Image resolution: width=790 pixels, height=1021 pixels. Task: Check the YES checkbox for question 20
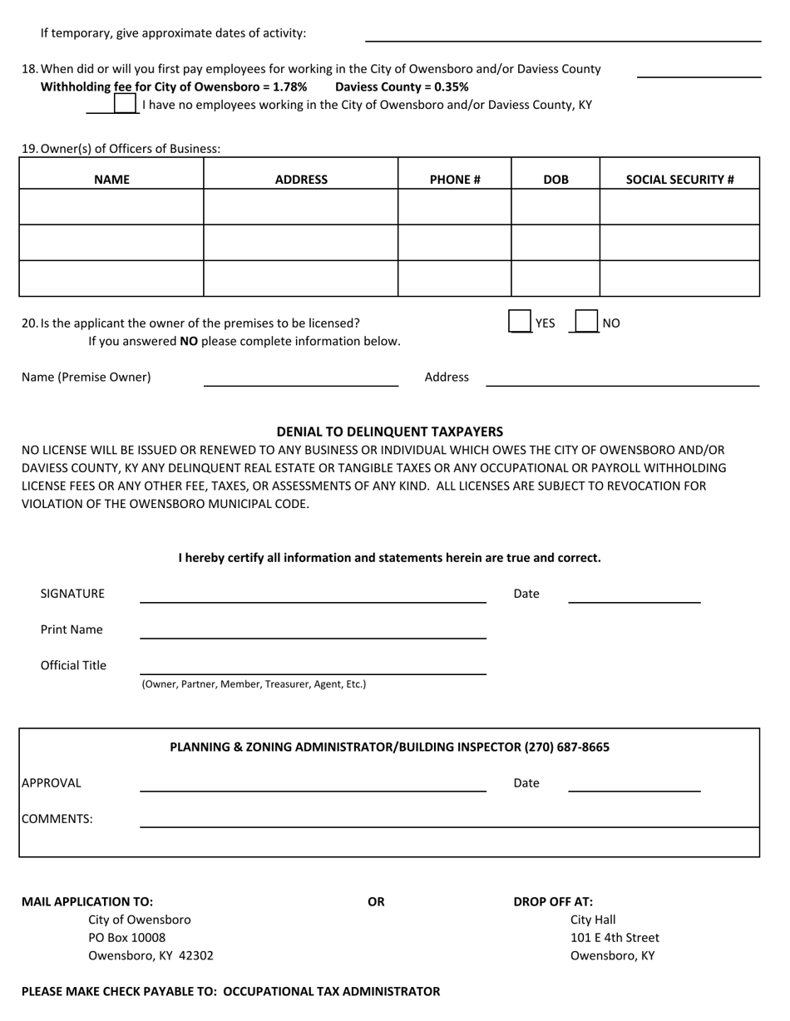[520, 322]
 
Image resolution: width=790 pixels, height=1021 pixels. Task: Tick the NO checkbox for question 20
[586, 322]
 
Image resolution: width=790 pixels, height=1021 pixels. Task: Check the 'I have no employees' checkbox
[125, 104]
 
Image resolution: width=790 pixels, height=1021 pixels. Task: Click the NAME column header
[111, 179]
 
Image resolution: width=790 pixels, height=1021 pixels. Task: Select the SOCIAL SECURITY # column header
[679, 179]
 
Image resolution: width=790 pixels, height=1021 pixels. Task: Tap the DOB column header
[555, 179]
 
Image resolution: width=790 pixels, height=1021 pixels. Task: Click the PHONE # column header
[455, 179]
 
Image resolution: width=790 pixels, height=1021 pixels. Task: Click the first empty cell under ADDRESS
[301, 207]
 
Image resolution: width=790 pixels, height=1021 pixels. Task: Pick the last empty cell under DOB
[555, 279]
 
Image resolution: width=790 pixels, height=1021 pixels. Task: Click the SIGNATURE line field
[313, 594]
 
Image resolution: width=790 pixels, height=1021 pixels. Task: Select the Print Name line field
[313, 629]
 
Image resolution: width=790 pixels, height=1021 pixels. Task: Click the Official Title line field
[313, 665]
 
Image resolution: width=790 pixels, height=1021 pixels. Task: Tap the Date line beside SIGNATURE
[634, 594]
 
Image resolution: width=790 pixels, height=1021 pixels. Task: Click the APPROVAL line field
[313, 782]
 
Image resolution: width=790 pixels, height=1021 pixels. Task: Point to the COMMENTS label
[57, 819]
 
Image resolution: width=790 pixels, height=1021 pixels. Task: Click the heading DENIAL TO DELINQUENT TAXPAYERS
[390, 432]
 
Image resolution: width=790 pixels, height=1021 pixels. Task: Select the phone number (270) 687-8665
[566, 747]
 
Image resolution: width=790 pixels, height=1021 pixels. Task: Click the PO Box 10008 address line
[127, 938]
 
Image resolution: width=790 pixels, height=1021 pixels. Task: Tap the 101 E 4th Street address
[615, 938]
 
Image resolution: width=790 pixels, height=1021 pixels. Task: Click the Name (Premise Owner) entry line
[301, 377]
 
